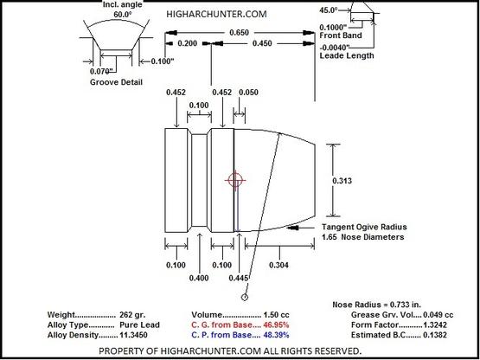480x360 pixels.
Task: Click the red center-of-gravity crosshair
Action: pyautogui.click(x=235, y=180)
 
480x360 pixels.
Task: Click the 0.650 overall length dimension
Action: pyautogui.click(x=239, y=33)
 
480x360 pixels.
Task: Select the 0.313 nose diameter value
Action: pyautogui.click(x=342, y=181)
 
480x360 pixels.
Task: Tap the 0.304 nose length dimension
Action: pyautogui.click(x=278, y=265)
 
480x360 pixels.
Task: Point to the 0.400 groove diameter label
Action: pyautogui.click(x=199, y=278)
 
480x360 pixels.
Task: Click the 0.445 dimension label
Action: pyautogui.click(x=239, y=278)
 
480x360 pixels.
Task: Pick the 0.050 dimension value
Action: pyautogui.click(x=248, y=93)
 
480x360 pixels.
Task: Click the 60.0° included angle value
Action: pyautogui.click(x=123, y=14)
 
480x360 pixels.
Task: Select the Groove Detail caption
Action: pyautogui.click(x=116, y=82)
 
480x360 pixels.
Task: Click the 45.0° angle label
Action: pyautogui.click(x=329, y=10)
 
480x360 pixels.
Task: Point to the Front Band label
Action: pyautogui.click(x=341, y=35)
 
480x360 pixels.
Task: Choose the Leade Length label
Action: pyautogui.click(x=347, y=55)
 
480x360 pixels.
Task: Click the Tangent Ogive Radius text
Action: pyautogui.click(x=364, y=227)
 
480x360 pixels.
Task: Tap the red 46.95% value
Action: pyautogui.click(x=276, y=325)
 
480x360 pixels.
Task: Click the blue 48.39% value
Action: pyautogui.click(x=276, y=335)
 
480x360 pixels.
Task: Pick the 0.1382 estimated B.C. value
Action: pyautogui.click(x=435, y=335)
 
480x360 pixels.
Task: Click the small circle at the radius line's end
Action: pyautogui.click(x=245, y=297)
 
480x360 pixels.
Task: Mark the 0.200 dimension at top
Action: pyautogui.click(x=188, y=43)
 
